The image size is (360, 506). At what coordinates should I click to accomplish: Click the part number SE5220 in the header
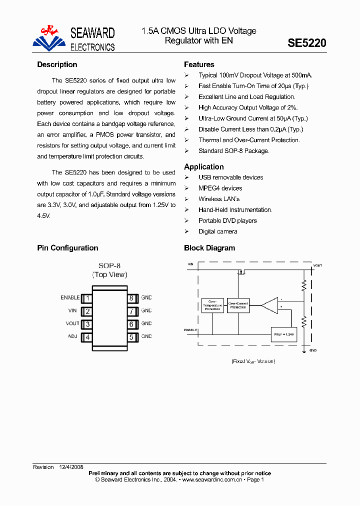pos(306,43)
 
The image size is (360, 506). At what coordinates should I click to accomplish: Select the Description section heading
pos(57,64)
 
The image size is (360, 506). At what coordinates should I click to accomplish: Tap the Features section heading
pos(199,64)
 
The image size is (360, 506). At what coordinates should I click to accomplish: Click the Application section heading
pos(203,167)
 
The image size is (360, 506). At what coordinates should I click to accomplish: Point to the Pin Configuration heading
pos(67,248)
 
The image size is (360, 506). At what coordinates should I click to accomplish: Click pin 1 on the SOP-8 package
pos(87,298)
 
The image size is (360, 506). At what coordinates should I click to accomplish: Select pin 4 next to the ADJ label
pos(87,337)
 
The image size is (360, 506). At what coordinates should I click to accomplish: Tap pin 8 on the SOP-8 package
pos(131,298)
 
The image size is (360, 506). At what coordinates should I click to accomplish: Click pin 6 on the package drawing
pos(131,324)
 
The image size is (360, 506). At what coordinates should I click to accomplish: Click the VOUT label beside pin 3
pos(72,323)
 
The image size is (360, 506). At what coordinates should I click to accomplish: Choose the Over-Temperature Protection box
pos(212,305)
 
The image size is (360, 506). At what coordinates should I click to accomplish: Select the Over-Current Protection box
pos(238,305)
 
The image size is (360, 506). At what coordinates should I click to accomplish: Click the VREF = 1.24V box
pos(282,334)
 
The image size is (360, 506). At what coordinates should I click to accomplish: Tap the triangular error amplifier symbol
pos(270,305)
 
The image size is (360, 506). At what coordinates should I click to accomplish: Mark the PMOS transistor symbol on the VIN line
pos(240,272)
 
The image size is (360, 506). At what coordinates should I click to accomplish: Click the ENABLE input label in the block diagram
pos(190,330)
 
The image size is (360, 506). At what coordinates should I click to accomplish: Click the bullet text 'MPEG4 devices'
pos(220,188)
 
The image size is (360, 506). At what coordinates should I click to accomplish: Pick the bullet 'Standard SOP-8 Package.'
pos(233,151)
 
